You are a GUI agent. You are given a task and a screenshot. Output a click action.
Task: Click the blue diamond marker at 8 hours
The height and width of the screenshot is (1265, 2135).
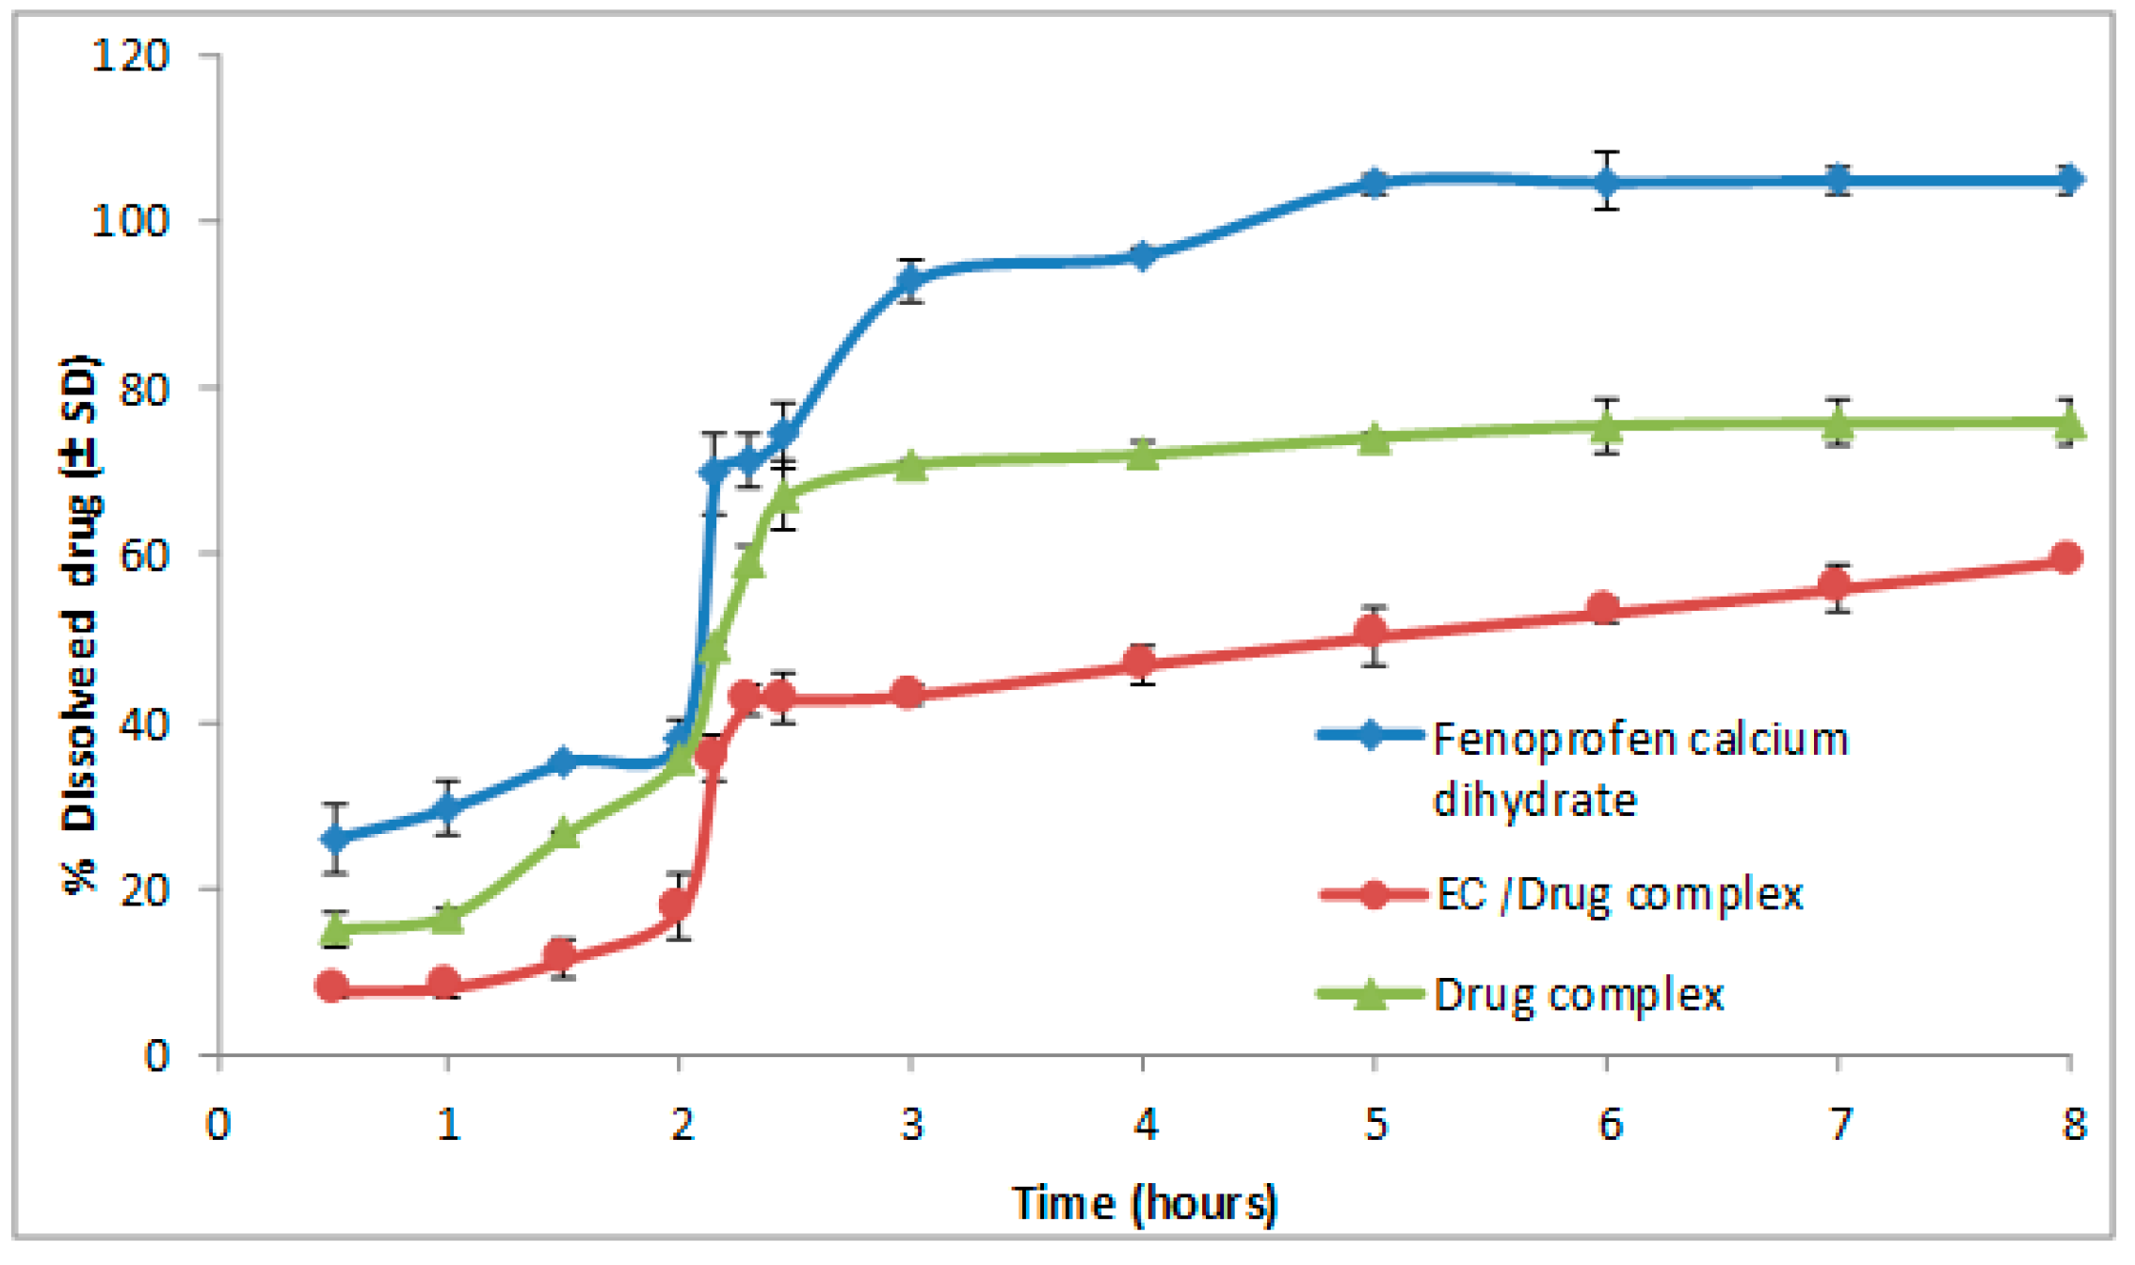[2067, 180]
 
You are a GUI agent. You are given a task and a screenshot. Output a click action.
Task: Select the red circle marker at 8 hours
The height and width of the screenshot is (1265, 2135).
[2067, 558]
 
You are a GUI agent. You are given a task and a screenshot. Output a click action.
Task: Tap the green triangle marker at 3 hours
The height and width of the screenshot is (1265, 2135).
[910, 465]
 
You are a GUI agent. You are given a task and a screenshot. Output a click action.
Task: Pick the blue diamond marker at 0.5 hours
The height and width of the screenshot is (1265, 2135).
[334, 838]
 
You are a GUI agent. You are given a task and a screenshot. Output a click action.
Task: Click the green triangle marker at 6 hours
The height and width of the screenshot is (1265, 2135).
[1606, 426]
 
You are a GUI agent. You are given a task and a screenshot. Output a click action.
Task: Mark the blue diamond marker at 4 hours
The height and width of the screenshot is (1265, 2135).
[1142, 256]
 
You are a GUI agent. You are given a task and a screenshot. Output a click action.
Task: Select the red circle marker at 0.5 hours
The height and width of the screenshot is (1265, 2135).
[332, 986]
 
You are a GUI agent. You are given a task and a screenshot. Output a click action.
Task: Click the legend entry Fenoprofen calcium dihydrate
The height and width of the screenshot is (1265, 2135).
[1639, 769]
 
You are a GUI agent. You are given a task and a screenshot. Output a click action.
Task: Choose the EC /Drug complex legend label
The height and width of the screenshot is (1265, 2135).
[1619, 893]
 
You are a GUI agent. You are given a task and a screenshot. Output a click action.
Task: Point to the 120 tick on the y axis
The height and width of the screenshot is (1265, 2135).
[130, 56]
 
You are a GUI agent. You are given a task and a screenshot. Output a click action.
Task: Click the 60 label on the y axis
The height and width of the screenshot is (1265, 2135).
[143, 554]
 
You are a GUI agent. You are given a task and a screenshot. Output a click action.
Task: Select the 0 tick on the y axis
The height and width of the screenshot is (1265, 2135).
[156, 1056]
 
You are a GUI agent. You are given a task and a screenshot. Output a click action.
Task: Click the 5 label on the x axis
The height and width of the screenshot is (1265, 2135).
[1375, 1125]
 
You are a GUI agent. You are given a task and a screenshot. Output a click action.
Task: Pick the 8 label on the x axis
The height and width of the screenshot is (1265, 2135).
[2074, 1125]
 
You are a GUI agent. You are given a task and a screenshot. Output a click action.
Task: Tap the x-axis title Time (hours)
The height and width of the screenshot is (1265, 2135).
[1144, 1203]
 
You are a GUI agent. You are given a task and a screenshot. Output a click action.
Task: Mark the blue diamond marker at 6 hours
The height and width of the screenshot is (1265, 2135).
[1606, 182]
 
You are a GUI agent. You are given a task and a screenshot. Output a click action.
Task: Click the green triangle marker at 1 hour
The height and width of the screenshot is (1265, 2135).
[447, 918]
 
